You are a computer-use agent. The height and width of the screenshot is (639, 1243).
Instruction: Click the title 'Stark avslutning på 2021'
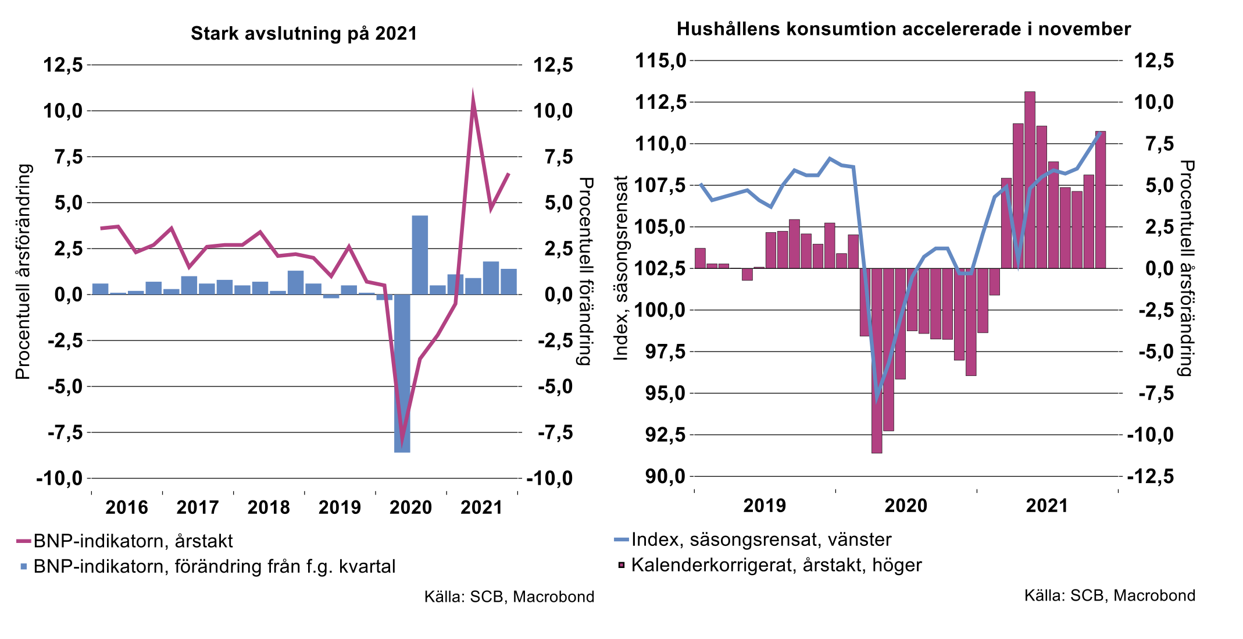coord(304,33)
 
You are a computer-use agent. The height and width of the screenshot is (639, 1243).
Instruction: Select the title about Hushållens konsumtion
coord(903,29)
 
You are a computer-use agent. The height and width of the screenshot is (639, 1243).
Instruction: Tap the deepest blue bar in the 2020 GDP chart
coord(402,372)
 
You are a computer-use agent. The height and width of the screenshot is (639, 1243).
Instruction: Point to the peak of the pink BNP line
coord(473,96)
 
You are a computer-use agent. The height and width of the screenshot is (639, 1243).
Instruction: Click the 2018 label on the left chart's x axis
coord(268,507)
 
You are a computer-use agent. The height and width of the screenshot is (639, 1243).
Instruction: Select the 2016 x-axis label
coord(126,507)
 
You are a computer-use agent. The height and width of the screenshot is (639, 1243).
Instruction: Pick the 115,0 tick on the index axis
coord(661,61)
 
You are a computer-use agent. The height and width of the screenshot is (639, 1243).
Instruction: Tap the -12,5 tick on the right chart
coord(1151,477)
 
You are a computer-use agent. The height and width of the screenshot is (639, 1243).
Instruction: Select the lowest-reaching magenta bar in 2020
coord(877,360)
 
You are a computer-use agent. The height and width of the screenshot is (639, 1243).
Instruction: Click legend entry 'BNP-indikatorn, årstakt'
coord(133,541)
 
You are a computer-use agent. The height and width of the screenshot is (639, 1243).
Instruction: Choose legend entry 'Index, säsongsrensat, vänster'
coord(760,539)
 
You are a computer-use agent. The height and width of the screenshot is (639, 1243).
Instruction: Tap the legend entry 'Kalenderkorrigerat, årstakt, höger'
coord(776,565)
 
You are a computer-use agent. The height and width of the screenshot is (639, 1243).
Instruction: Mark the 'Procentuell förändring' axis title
coord(586,271)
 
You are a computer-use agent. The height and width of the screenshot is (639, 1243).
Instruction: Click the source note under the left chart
coord(509,597)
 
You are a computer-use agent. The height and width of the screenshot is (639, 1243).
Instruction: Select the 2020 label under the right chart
coord(905,506)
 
